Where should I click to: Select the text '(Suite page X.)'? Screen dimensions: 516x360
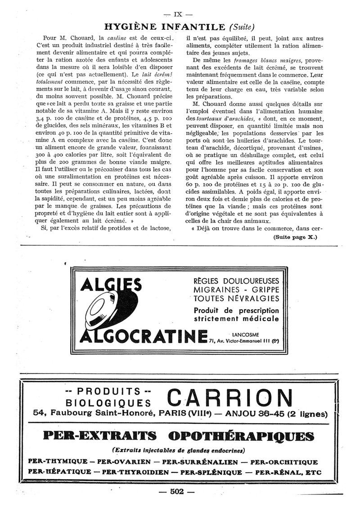click(x=295, y=237)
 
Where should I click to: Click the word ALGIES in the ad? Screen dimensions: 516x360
click(x=110, y=285)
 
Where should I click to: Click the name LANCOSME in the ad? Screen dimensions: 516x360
click(x=244, y=334)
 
